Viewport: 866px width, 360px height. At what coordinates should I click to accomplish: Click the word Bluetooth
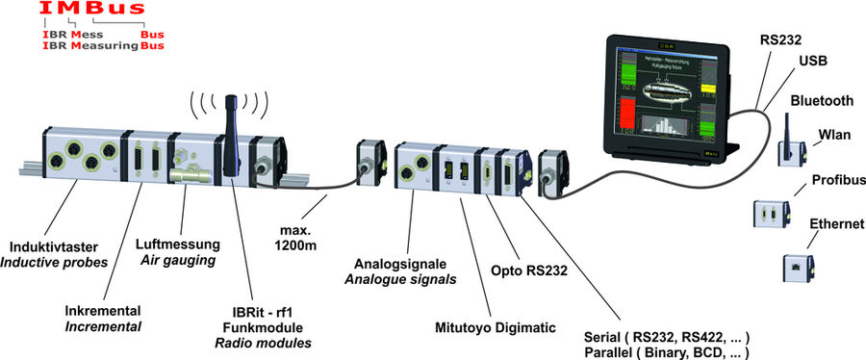pyautogui.click(x=822, y=101)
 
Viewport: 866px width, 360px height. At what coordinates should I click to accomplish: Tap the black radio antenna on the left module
pyautogui.click(x=230, y=135)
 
